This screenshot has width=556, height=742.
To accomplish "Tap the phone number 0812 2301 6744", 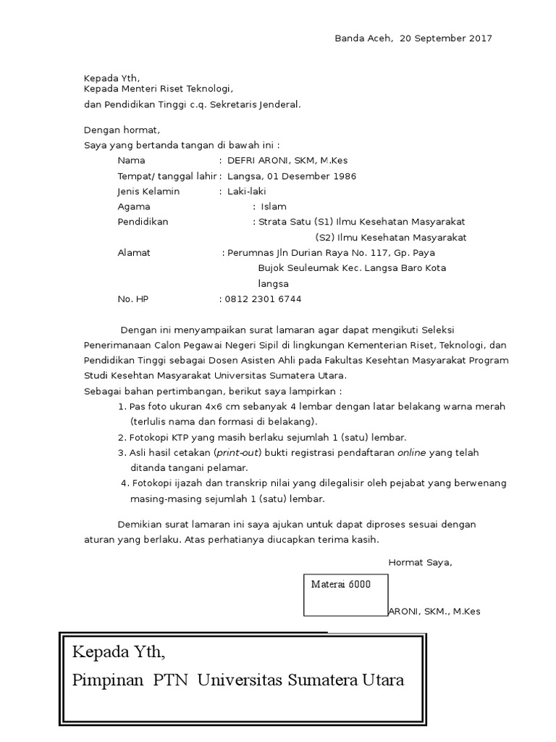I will click(264, 299).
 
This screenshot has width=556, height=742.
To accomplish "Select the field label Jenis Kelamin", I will click(148, 191).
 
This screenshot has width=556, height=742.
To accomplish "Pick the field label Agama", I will click(134, 207).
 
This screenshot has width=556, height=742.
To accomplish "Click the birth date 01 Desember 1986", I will click(311, 176).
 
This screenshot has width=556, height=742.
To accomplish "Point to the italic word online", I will click(411, 453).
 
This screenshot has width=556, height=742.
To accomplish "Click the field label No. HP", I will click(132, 299).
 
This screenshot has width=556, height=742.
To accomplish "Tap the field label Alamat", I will click(134, 253).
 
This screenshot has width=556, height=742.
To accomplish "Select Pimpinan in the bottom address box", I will click(108, 680).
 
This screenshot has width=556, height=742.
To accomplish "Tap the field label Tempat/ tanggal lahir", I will click(167, 176).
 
